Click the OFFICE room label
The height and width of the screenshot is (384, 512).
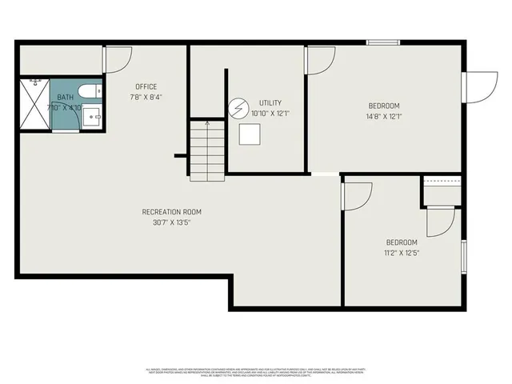coord(146,86)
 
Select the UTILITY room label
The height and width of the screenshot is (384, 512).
coord(270,103)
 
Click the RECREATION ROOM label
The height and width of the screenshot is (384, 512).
coord(171,212)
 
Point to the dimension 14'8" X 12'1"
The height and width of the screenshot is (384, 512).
coord(383,117)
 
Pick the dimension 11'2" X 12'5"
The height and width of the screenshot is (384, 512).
coord(402,253)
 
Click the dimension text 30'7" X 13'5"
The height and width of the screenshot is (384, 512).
coord(171,222)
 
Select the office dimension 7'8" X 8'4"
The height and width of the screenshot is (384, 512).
coord(146,98)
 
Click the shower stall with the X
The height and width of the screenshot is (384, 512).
coord(34,104)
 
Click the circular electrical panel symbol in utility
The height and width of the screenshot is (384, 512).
coord(239,108)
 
